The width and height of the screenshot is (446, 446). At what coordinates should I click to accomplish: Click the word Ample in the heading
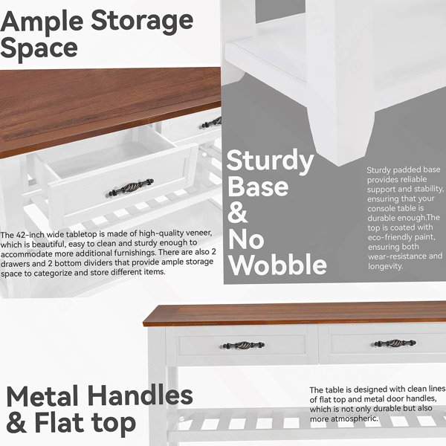[42, 23]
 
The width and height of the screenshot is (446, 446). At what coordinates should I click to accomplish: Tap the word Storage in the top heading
[142, 23]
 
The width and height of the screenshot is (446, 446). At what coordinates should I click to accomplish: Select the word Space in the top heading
[39, 49]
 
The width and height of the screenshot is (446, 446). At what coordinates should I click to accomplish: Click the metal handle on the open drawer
[131, 187]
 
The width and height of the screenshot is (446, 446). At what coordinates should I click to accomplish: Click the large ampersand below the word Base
[238, 212]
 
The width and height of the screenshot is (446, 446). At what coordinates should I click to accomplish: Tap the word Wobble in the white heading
[277, 264]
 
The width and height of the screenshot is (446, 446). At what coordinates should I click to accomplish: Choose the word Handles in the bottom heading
[140, 395]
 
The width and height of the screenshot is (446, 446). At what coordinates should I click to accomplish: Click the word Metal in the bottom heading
[42, 395]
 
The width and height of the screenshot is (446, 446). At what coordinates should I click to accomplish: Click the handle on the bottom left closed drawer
[242, 345]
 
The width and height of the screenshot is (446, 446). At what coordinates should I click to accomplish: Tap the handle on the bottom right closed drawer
[395, 343]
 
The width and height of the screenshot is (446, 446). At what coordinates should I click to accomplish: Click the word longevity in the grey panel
[385, 267]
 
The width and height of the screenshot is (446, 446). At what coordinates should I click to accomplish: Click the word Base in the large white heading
[258, 187]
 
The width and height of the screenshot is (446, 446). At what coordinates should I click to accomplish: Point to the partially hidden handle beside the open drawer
[212, 123]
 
